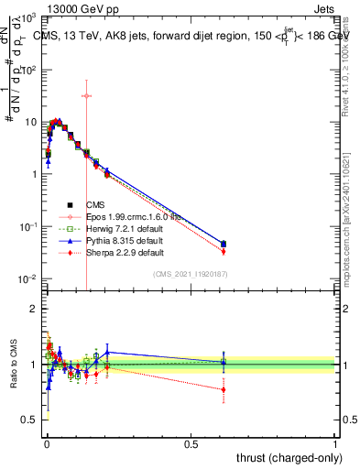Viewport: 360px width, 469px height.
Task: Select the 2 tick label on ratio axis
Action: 32,309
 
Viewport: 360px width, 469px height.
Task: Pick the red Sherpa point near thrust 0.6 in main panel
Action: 224,251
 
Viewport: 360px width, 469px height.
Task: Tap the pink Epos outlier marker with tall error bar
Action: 86,95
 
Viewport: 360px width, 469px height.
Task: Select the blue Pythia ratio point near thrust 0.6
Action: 224,362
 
